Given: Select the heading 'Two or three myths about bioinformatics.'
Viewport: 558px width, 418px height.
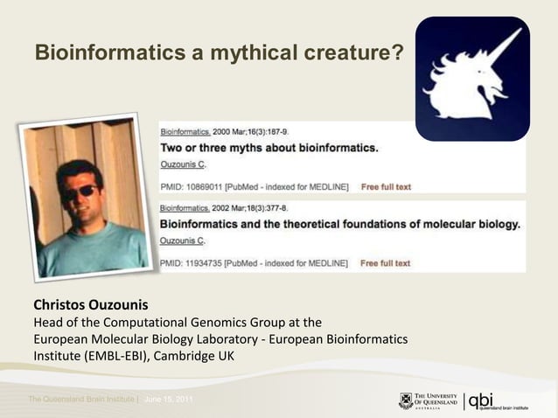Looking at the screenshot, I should pyautogui.click(x=269, y=148).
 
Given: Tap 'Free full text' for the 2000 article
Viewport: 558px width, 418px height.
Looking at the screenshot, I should pyautogui.click(x=386, y=187).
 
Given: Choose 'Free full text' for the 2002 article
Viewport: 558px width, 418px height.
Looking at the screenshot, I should pyautogui.click(x=386, y=263).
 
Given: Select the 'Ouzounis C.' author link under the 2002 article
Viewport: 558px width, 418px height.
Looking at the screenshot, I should pyautogui.click(x=183, y=240).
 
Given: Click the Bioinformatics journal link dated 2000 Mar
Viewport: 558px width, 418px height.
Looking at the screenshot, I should pyautogui.click(x=185, y=131).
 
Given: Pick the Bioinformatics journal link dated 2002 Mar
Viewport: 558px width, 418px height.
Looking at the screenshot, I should pyautogui.click(x=185, y=208).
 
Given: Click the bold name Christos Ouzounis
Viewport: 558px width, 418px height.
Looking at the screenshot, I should pyautogui.click(x=91, y=307).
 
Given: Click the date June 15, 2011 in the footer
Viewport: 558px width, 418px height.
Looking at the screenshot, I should pyautogui.click(x=169, y=400).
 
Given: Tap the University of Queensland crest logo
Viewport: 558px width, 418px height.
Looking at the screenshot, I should pyautogui.click(x=406, y=401).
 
